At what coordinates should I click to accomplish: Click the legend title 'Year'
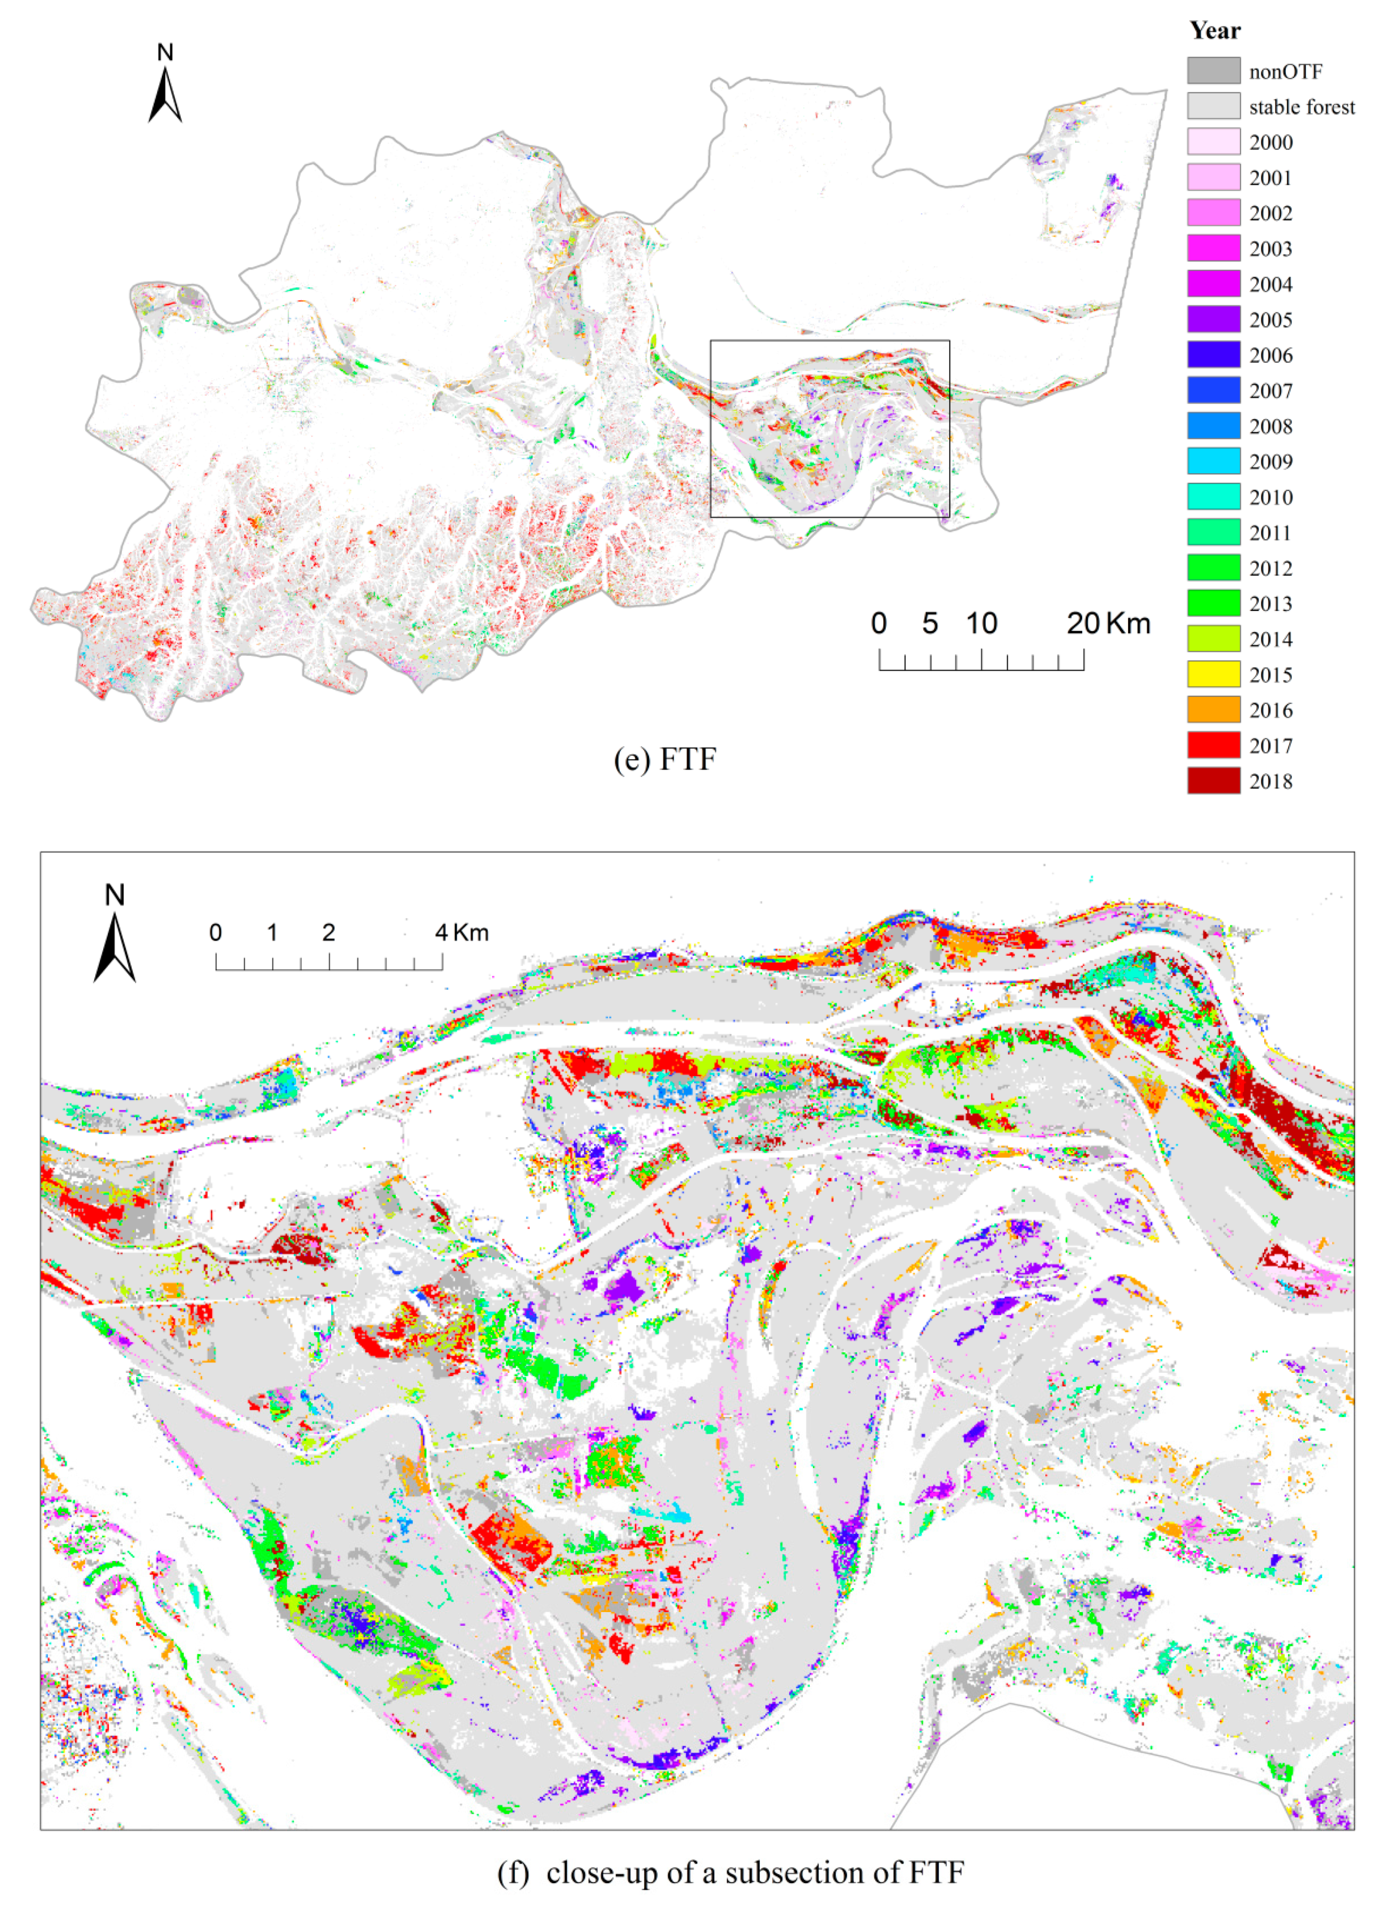(x=1214, y=31)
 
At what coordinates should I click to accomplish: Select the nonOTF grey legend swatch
(x=1213, y=71)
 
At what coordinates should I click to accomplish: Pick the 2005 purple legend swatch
(x=1213, y=320)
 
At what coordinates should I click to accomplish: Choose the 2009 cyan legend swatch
(x=1213, y=462)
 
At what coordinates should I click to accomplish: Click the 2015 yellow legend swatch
(x=1213, y=674)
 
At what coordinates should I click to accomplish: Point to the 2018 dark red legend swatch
(x=1213, y=781)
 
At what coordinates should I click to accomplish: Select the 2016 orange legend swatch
(x=1213, y=710)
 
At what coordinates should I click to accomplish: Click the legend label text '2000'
(x=1271, y=143)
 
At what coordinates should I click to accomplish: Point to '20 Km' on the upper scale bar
(x=1107, y=624)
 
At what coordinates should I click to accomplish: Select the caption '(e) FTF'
(x=665, y=759)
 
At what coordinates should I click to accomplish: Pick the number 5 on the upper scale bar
(x=930, y=624)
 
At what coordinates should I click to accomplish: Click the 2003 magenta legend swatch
(x=1213, y=249)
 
